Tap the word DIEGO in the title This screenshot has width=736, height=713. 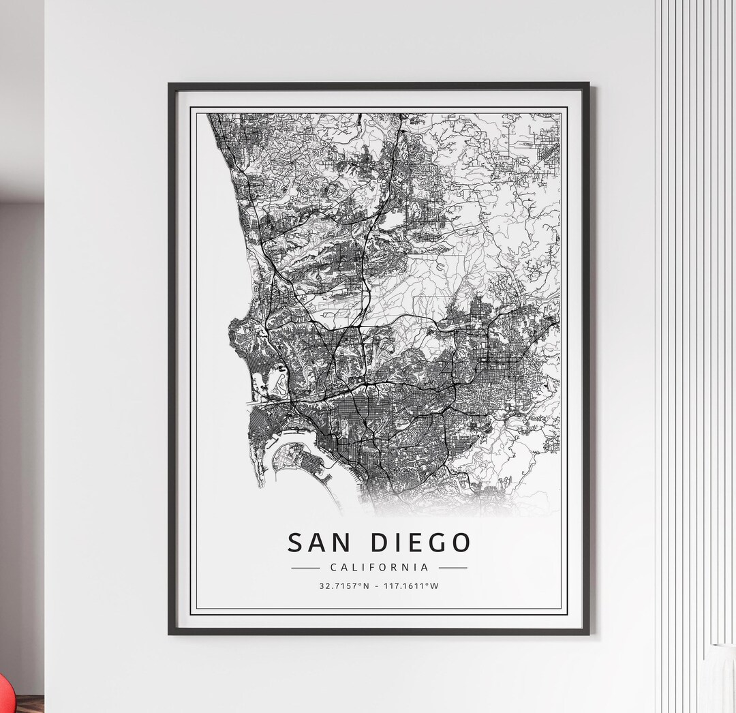pyautogui.click(x=421, y=543)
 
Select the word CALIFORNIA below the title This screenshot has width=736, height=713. pyautogui.click(x=379, y=567)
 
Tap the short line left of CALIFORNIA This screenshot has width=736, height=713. pyautogui.click(x=305, y=567)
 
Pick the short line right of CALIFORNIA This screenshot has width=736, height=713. pyautogui.click(x=453, y=567)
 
